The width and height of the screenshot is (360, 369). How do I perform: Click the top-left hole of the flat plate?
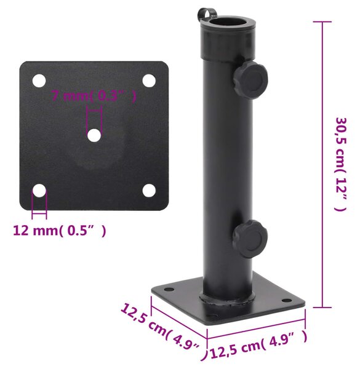(39, 81)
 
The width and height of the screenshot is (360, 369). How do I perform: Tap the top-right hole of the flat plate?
(149, 81)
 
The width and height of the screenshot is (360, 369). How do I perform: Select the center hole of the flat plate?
(94, 135)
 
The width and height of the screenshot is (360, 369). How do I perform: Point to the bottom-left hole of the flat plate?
(39, 191)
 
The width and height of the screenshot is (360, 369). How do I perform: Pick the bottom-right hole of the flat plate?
(149, 191)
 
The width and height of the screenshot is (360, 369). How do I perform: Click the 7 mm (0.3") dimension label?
(94, 95)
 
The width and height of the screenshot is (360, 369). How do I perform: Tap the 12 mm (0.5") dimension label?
(59, 231)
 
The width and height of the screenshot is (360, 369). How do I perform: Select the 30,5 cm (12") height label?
(341, 164)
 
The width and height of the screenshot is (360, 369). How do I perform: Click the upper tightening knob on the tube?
(250, 80)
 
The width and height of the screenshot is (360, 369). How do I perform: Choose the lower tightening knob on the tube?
(250, 239)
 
